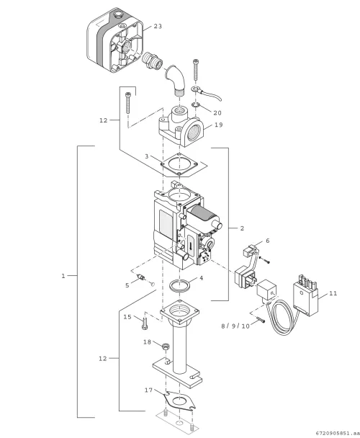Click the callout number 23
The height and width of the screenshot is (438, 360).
pyautogui.click(x=158, y=26)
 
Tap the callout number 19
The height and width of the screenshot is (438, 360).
pyautogui.click(x=219, y=125)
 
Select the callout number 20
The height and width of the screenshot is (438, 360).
pyautogui.click(x=217, y=113)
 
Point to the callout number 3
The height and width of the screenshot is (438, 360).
pyautogui.click(x=147, y=156)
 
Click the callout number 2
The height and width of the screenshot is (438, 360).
pyautogui.click(x=242, y=228)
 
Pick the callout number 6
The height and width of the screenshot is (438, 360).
pyautogui.click(x=268, y=241)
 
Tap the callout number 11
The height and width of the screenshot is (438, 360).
pyautogui.click(x=333, y=293)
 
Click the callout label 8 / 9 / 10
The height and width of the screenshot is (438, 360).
pyautogui.click(x=235, y=326)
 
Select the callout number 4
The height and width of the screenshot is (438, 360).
pyautogui.click(x=201, y=278)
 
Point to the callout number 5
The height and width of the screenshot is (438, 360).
pyautogui.click(x=127, y=285)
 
